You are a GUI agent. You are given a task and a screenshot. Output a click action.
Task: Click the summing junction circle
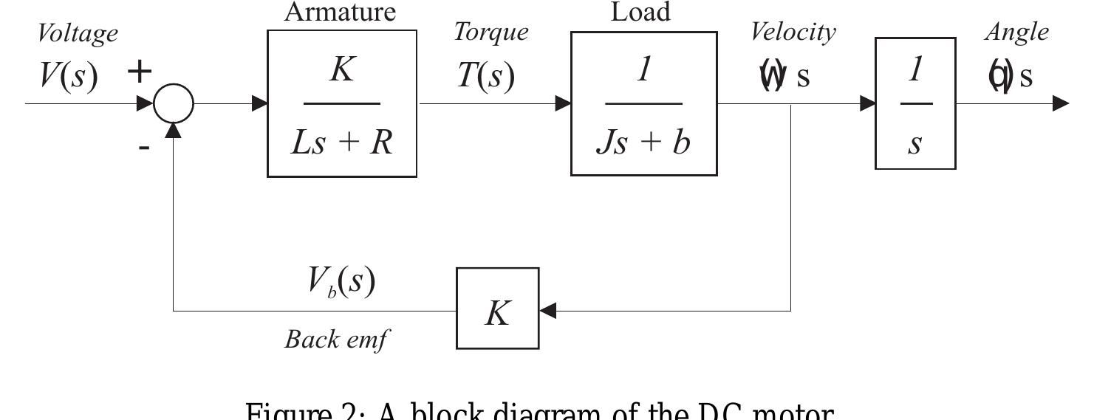(x=174, y=103)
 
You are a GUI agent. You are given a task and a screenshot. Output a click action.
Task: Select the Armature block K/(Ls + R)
(x=341, y=103)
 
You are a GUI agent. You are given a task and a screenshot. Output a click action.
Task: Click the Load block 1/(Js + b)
(x=643, y=103)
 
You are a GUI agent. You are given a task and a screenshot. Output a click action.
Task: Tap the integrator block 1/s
(x=915, y=103)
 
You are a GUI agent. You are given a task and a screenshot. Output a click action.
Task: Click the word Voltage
(x=78, y=34)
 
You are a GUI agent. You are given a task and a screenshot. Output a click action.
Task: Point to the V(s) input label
(x=68, y=76)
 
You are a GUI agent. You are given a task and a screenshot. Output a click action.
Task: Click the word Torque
(x=490, y=32)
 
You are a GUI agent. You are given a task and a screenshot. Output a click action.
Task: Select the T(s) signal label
(x=485, y=75)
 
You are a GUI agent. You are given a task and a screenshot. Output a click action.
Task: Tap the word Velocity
(x=793, y=32)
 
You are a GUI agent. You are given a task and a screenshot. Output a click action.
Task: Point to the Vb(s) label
(x=341, y=282)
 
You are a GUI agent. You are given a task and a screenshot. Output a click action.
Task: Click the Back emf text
(x=336, y=340)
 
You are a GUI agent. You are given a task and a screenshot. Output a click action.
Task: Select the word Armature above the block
(x=341, y=12)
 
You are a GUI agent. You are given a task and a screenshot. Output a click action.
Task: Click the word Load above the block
(x=640, y=12)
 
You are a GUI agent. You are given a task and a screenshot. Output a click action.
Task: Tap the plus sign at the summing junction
(x=139, y=72)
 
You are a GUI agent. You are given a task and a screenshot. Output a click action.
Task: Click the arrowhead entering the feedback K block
(x=548, y=311)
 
